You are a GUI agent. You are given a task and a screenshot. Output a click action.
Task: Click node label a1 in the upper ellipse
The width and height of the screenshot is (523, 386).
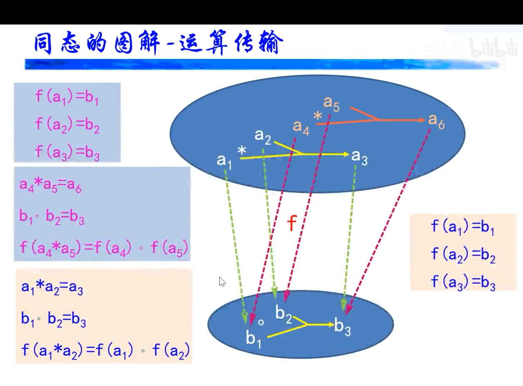coord(224,161)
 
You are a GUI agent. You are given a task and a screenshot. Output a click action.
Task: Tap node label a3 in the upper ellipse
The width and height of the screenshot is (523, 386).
coord(359,157)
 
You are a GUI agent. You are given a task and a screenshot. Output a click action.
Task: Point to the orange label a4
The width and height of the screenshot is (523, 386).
coord(301,127)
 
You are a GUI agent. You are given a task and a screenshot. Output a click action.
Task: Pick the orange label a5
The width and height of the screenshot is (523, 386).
coord(332,103)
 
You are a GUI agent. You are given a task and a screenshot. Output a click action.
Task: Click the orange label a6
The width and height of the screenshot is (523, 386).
coord(436,121)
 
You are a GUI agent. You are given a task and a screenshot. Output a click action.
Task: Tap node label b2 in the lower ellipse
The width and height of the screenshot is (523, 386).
coord(284,314)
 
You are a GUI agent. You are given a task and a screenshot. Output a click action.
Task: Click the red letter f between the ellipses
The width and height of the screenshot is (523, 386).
coord(292,224)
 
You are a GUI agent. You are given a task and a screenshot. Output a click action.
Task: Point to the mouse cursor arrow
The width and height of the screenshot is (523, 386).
coord(222,282)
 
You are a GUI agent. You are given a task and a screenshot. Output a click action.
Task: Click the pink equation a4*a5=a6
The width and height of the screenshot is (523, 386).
coord(50,185)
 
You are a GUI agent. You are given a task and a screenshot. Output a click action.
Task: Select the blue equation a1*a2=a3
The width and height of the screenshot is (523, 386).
coord(52,288)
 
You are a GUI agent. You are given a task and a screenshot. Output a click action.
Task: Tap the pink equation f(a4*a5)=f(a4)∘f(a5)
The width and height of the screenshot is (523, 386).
coord(104,248)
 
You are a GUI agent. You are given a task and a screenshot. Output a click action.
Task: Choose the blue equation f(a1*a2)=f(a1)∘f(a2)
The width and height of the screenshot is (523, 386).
coord(105,351)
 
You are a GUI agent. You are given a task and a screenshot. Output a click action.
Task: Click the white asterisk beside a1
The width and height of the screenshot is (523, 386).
coord(241,151)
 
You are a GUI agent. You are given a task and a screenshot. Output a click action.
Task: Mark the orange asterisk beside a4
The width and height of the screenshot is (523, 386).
coord(318,117)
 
